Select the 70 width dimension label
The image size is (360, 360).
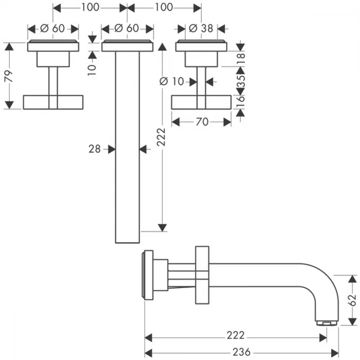[x=202, y=122]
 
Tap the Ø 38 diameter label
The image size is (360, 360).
[x=201, y=28]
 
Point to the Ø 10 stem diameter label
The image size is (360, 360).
[x=172, y=81]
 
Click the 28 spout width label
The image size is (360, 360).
[x=95, y=149]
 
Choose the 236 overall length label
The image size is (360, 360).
[x=242, y=352]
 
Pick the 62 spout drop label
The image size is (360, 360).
[x=352, y=300]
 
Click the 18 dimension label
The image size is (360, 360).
[x=241, y=58]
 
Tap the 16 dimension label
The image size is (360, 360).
[x=241, y=101]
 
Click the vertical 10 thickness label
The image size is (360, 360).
[x=92, y=70]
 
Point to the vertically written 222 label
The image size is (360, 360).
[x=161, y=137]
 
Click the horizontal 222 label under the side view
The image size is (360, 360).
[x=236, y=336]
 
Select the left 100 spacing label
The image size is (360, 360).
[x=90, y=7]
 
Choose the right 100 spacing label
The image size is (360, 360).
[x=164, y=7]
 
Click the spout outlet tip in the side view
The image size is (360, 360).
[x=327, y=323]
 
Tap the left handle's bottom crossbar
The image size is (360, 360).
[x=53, y=102]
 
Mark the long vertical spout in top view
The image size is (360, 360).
[x=127, y=147]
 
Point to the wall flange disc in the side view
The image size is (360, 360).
[x=148, y=275]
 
